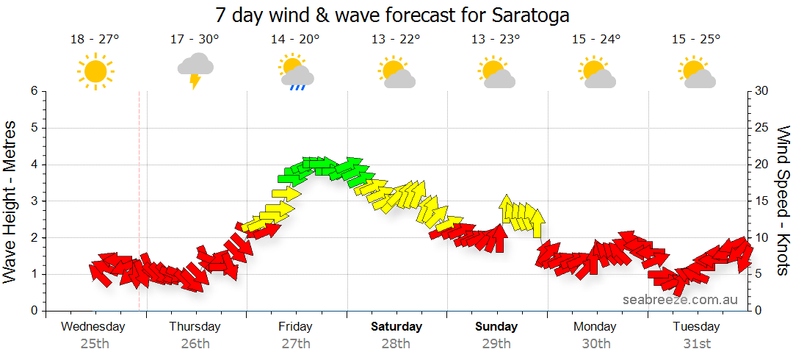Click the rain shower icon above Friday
pyautogui.click(x=296, y=72)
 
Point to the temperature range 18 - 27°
pyautogui.click(x=95, y=40)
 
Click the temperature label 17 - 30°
pyautogui.click(x=195, y=40)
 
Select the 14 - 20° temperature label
pyautogui.click(x=295, y=40)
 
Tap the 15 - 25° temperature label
pyautogui.click(x=696, y=40)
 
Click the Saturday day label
pyautogui.click(x=396, y=326)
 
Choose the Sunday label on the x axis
pyautogui.click(x=496, y=326)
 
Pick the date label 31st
pyautogui.click(x=696, y=343)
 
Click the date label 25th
pyautogui.click(x=95, y=343)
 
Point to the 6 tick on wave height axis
pyautogui.click(x=34, y=91)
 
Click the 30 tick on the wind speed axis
pyautogui.click(x=761, y=91)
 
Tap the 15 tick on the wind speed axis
pyautogui.click(x=761, y=201)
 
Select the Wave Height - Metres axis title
pyautogui.click(x=10, y=201)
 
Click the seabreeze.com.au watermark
pyautogui.click(x=680, y=299)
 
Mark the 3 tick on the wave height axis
pyautogui.click(x=34, y=201)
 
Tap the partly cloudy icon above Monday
pyautogui.click(x=596, y=72)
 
